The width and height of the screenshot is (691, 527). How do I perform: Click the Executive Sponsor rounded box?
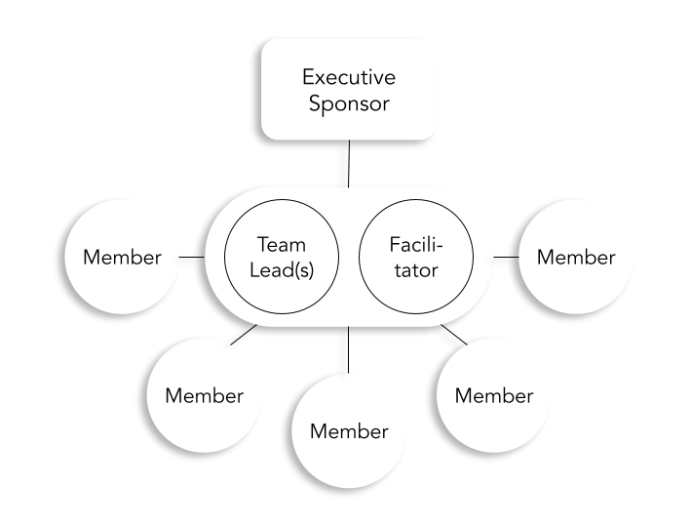coord(348,89)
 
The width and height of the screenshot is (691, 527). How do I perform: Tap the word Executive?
coord(348,76)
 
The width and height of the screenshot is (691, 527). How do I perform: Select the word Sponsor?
coord(348,103)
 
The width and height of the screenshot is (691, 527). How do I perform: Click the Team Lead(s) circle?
coord(281,258)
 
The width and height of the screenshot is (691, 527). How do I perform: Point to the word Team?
coord(281,244)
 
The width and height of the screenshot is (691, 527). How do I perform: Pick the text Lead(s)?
coord(281,271)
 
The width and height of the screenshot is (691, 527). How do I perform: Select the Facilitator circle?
coord(416,258)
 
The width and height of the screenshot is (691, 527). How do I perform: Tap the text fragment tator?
coord(416,271)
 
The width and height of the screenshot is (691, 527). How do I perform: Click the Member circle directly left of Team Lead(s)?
coord(122,258)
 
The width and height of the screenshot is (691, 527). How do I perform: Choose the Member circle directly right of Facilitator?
coord(576,258)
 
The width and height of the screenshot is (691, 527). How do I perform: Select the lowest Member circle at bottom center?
coord(349,430)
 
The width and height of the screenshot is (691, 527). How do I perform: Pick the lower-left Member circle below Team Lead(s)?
coord(204,396)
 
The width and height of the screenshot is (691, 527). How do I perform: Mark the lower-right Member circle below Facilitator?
coord(494,395)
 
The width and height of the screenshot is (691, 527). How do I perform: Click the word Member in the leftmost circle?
coord(122,258)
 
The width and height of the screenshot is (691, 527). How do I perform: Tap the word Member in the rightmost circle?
coord(576,258)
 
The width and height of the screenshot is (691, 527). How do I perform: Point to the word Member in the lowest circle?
coord(349,431)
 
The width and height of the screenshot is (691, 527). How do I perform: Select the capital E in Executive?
coord(307,76)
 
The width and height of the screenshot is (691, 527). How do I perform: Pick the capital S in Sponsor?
coord(314,103)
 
